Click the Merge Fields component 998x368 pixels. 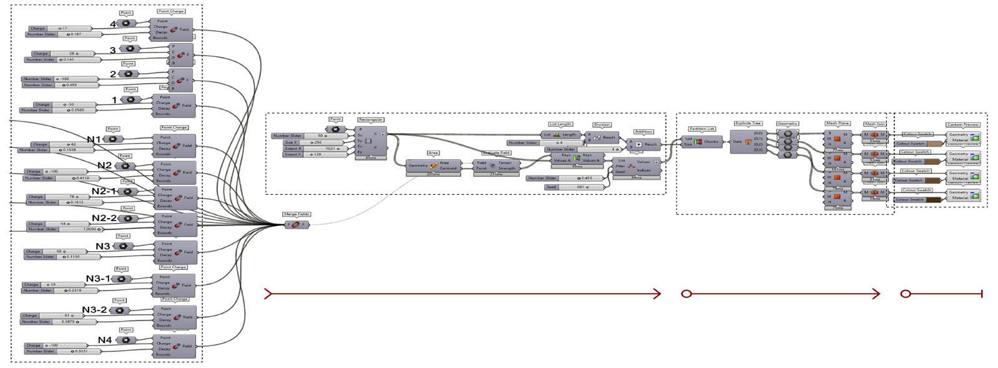pyautogui.click(x=296, y=225)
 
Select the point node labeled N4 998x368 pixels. pyautogui.click(x=126, y=341)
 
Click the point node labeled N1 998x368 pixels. pyautogui.click(x=113, y=139)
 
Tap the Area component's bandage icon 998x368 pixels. pyautogui.click(x=433, y=166)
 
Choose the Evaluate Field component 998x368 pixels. pyautogui.click(x=496, y=166)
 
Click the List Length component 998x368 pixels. pyautogui.click(x=560, y=134)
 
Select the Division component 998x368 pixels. pyautogui.click(x=602, y=137)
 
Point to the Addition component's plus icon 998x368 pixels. pyautogui.click(x=638, y=144)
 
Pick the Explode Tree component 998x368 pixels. pyautogui.click(x=748, y=142)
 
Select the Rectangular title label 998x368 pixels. pyautogui.click(x=371, y=119)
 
